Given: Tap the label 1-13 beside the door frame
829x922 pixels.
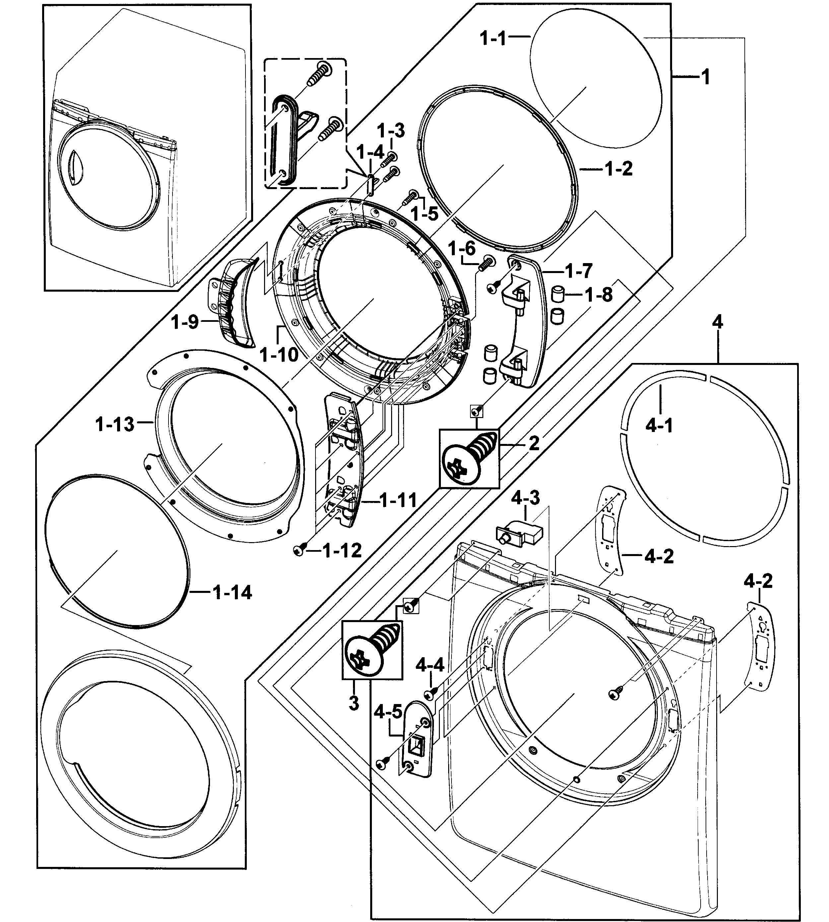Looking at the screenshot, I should [115, 425].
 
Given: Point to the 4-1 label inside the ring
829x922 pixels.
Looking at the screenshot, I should [659, 426].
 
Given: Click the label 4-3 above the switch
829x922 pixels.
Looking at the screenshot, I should [525, 498].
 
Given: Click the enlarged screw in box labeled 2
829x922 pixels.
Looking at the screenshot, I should [469, 458].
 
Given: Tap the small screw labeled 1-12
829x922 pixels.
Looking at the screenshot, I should [299, 551].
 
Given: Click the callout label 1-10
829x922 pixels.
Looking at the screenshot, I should [279, 354].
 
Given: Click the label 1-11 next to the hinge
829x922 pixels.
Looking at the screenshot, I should [398, 501].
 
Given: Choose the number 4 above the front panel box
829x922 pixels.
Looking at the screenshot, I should [717, 322].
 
